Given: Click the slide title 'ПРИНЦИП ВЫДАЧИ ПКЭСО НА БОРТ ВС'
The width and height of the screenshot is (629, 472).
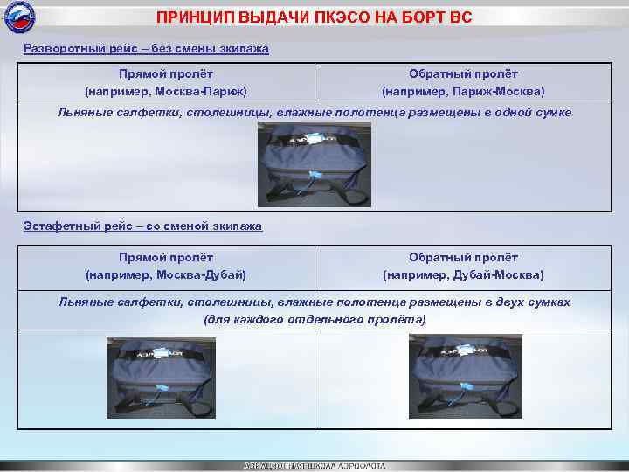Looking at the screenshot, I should coord(314,17).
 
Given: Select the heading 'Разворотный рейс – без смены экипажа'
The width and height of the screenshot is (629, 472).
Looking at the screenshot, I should coord(146,49).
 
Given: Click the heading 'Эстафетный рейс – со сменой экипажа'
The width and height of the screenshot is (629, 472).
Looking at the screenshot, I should coord(142,226).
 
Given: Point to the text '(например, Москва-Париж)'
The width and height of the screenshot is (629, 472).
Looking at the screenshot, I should coord(166,91).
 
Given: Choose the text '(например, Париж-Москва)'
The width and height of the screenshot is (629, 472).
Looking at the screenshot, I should coord(463,91).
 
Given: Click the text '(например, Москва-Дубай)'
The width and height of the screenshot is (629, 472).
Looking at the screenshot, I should coord(166,274).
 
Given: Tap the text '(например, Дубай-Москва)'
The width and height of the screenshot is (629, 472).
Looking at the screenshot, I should coord(463,274).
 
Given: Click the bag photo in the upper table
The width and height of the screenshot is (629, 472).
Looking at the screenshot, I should coord(314,164).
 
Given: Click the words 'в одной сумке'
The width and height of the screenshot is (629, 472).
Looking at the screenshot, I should coord(533,113).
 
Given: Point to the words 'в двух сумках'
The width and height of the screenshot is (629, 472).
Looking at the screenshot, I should coord(532,302).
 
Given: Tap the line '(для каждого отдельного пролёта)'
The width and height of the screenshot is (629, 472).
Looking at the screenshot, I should coord(314,319).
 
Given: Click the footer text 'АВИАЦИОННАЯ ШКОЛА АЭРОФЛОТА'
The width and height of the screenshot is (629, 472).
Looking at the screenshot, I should coord(314,465).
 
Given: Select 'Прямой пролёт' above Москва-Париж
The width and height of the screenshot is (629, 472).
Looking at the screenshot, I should coord(166,74).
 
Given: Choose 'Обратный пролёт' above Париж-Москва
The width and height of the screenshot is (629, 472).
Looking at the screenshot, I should coord(463,74).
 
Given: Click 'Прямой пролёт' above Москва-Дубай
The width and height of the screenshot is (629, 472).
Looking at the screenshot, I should coord(166,258).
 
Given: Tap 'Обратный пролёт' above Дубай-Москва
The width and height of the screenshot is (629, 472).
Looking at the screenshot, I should coord(463,258).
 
